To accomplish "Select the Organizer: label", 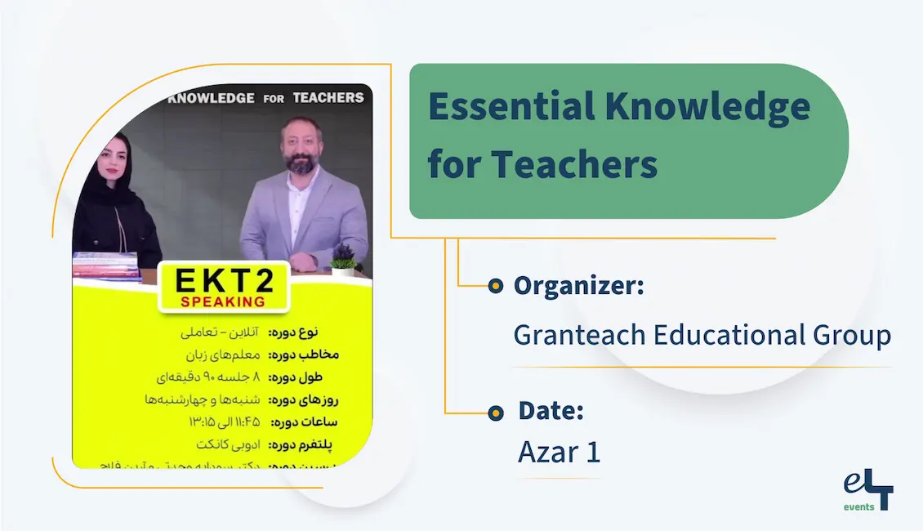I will tap(578, 286).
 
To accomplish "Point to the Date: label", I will tap(551, 411).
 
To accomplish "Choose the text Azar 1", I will tap(559, 453).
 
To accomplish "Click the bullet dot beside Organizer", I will tap(494, 286).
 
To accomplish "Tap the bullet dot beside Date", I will tap(495, 413).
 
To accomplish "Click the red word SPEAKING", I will tap(222, 301).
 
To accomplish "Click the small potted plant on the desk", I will tap(344, 260).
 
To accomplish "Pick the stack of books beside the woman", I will tap(106, 266).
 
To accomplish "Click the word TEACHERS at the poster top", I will tap(328, 97).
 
